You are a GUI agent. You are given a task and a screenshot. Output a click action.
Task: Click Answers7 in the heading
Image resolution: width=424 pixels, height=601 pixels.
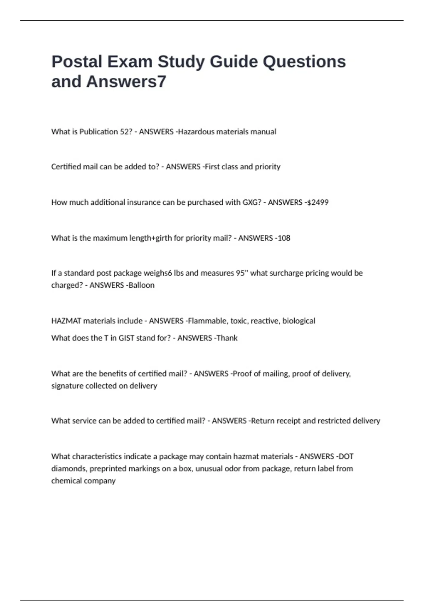click(x=126, y=82)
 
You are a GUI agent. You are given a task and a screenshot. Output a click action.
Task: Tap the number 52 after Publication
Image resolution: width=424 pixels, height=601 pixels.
click(x=125, y=132)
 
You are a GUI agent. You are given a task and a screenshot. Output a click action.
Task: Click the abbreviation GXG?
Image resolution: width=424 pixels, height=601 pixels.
click(x=252, y=202)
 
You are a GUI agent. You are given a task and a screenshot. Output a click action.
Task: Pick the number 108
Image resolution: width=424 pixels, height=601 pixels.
click(x=284, y=238)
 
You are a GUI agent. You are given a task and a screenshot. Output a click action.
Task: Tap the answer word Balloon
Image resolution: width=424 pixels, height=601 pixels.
click(x=141, y=285)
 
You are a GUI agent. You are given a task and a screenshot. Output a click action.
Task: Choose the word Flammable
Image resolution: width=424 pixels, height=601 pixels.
click(x=207, y=321)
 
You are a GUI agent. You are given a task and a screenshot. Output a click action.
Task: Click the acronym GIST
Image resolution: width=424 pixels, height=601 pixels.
click(x=126, y=338)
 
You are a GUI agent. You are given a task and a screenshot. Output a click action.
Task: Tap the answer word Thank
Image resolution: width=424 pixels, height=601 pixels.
click(x=227, y=338)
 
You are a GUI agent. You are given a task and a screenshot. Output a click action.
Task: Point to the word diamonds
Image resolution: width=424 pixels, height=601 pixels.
click(x=69, y=468)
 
